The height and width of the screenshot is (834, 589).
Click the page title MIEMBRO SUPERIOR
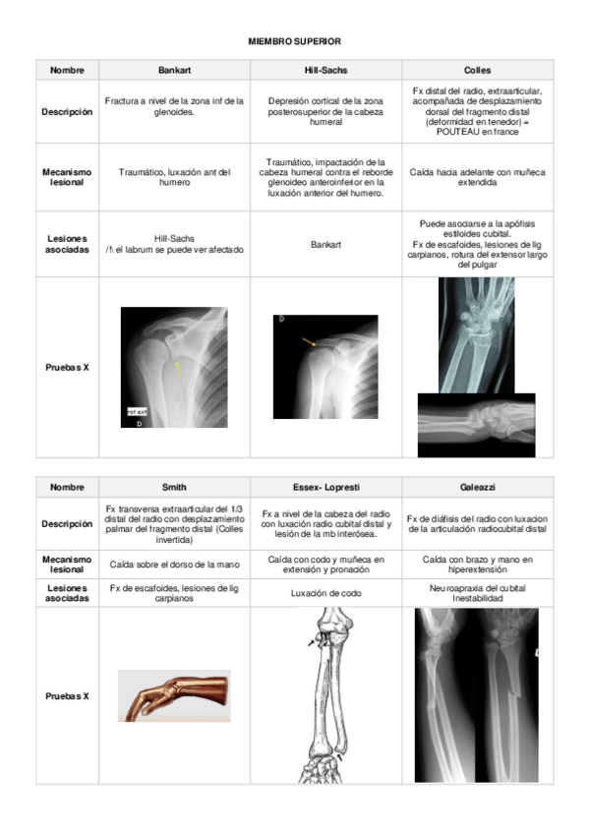tap(294, 41)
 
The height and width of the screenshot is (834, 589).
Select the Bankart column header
tap(174, 71)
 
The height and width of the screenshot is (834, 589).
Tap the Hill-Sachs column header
tap(325, 71)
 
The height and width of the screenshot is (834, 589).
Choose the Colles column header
tap(477, 71)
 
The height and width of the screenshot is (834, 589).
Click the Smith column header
tap(174, 487)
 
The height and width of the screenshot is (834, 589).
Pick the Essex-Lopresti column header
tap(325, 487)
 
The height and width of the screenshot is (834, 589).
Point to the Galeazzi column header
tap(477, 487)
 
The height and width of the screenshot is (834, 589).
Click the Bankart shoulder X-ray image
tap(174, 367)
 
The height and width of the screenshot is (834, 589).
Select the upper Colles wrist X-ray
tap(476, 334)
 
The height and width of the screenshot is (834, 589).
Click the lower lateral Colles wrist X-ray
tap(476, 425)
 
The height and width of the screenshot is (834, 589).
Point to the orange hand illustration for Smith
tap(174, 695)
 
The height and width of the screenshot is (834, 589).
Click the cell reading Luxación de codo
tap(325, 593)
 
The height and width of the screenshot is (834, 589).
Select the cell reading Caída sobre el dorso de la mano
tap(174, 565)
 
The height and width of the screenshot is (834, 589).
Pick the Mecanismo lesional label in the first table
tap(67, 177)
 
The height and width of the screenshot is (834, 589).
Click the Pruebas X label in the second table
tap(67, 695)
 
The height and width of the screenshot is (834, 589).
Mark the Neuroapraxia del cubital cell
tap(477, 587)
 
